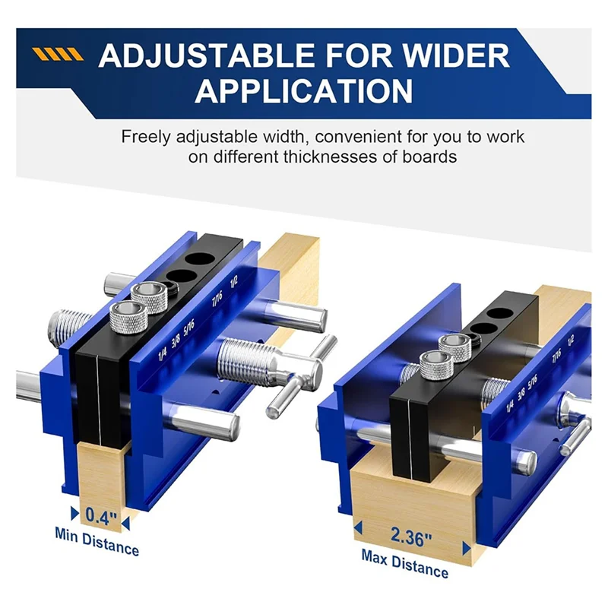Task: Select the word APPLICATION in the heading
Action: point(304,90)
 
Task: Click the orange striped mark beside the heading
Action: point(59,54)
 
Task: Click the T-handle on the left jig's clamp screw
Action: point(306,375)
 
